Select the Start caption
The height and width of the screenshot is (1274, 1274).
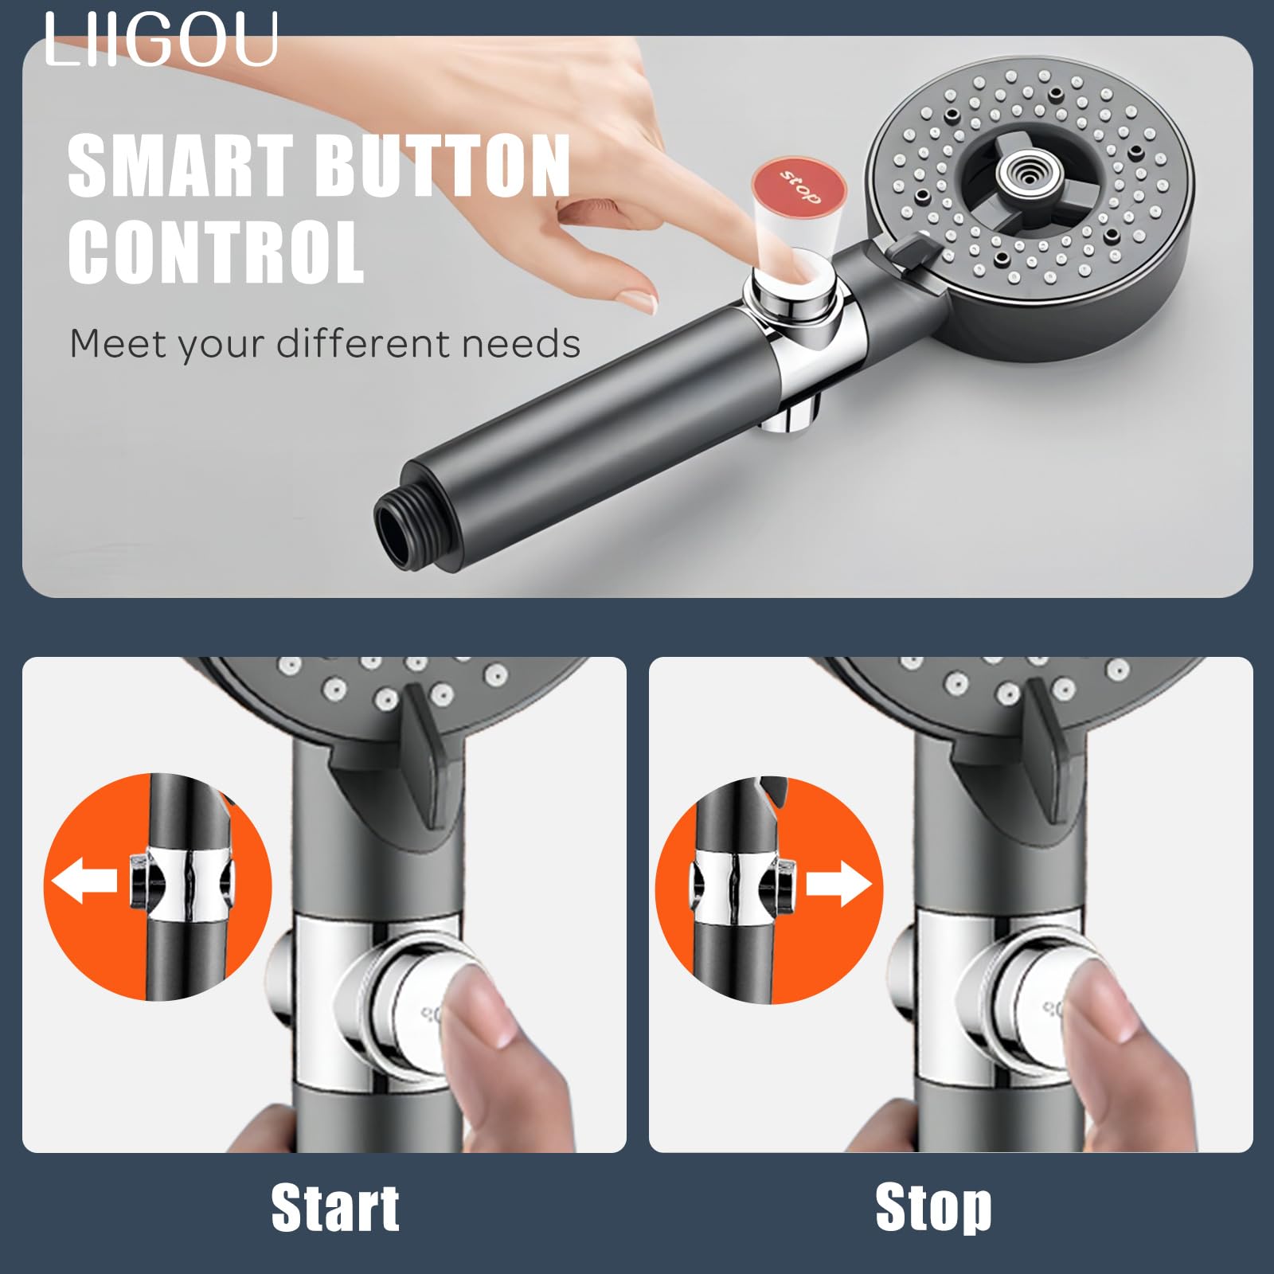point(335,1209)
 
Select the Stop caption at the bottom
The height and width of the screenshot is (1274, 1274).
point(933,1209)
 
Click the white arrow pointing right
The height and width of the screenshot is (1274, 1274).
point(839,884)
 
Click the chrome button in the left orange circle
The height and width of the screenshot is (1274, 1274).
point(139,881)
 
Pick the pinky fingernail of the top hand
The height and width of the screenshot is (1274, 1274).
point(640,302)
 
